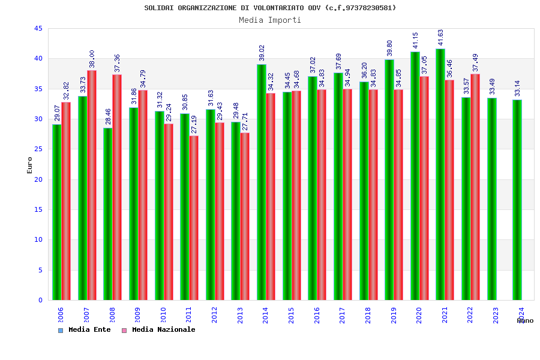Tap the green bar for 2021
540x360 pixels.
pyautogui.click(x=440, y=174)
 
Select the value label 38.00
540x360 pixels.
pyautogui.click(x=92, y=59)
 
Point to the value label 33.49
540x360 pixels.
pyautogui.click(x=492, y=86)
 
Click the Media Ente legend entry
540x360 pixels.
pyautogui.click(x=85, y=329)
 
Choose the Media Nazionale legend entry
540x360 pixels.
pyautogui.click(x=158, y=329)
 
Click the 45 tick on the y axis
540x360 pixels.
pyautogui.click(x=38, y=28)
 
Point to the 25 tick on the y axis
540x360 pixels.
pyautogui.click(x=38, y=149)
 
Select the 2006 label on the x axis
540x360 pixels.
pyautogui.click(x=61, y=316)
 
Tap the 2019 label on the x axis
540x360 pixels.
pyautogui.click(x=394, y=316)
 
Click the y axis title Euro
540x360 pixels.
pyautogui.click(x=30, y=165)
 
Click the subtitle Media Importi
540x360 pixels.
pyautogui.click(x=270, y=20)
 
